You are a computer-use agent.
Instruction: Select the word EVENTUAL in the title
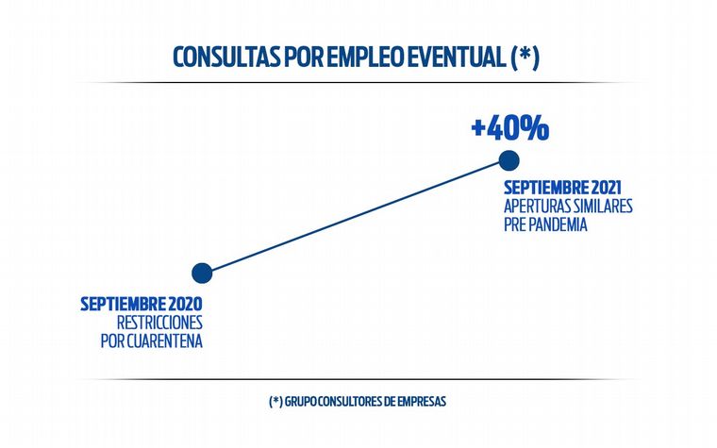pyautogui.click(x=456, y=58)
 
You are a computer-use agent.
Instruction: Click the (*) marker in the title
pyautogui.click(x=525, y=58)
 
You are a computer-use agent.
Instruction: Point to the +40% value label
pyautogui.click(x=510, y=127)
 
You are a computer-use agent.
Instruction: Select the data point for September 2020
pyautogui.click(x=202, y=274)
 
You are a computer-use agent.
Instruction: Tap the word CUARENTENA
pyautogui.click(x=163, y=340)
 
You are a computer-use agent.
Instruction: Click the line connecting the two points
pyautogui.click(x=356, y=217)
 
